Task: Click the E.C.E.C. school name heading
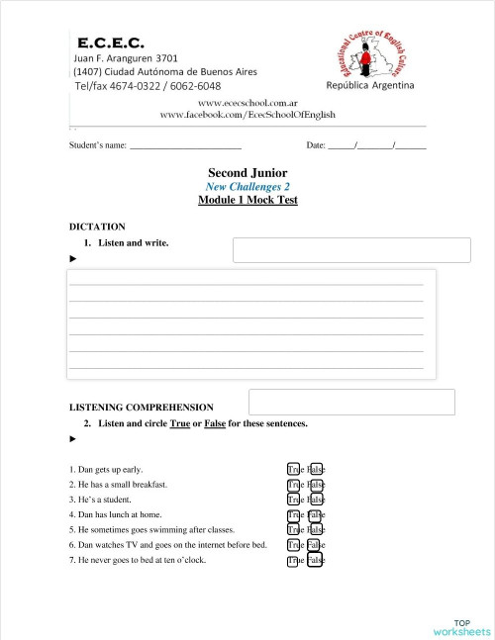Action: (x=110, y=44)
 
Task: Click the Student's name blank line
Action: (x=186, y=145)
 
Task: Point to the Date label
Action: (x=317, y=145)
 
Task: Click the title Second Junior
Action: (x=247, y=172)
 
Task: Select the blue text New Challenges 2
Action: (x=247, y=186)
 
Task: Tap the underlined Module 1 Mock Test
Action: (x=247, y=200)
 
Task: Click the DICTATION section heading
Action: (x=97, y=227)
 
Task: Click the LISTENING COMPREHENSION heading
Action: (x=141, y=407)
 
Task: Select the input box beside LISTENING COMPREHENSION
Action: (x=351, y=402)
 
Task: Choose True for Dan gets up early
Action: (x=294, y=469)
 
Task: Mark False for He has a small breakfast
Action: (x=316, y=485)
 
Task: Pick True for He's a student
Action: (x=294, y=500)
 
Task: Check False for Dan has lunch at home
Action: (x=316, y=515)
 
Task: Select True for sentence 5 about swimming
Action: (x=294, y=530)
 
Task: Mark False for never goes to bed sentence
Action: (x=316, y=561)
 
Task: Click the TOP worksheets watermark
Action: (x=461, y=627)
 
